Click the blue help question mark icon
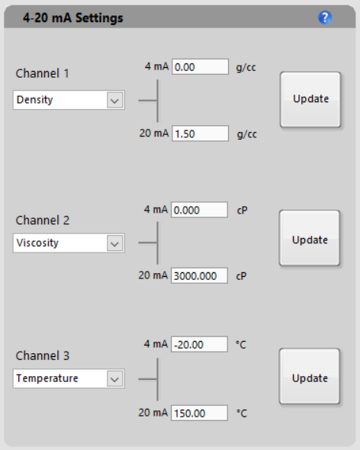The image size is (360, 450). click(x=325, y=18)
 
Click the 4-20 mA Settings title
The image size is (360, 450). click(x=73, y=18)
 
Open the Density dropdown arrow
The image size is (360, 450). click(x=115, y=100)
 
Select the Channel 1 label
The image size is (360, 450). click(x=42, y=73)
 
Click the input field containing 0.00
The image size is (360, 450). click(x=200, y=67)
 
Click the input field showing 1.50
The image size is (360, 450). click(x=200, y=133)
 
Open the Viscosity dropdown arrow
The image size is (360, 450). click(x=115, y=243)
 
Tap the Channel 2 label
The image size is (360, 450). click(x=43, y=220)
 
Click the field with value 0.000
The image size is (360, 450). click(x=199, y=210)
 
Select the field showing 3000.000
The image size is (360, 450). click(x=199, y=276)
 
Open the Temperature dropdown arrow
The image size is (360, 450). click(x=115, y=379)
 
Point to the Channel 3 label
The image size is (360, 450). click(x=43, y=356)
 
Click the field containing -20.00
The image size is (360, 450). click(x=199, y=345)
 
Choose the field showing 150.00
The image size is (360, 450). click(x=199, y=413)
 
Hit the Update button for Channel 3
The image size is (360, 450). click(x=310, y=377)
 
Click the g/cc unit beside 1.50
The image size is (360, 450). click(x=247, y=134)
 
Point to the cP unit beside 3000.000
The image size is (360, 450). click(x=241, y=276)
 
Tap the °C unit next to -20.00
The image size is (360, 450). click(x=241, y=345)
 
